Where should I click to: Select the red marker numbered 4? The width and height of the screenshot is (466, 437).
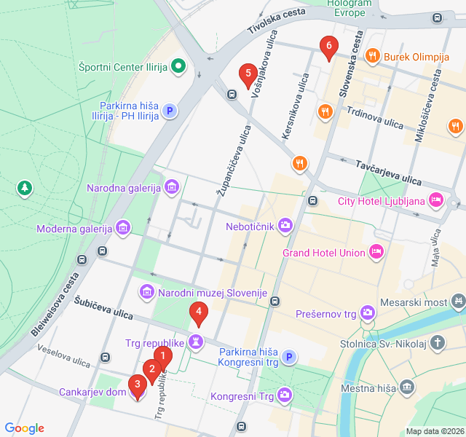coord(198,313)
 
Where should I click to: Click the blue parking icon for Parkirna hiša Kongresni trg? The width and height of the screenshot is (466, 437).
coord(289,357)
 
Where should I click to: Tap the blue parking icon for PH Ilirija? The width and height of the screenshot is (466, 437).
coord(169,111)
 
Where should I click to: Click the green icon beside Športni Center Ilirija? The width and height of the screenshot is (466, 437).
coord(178,68)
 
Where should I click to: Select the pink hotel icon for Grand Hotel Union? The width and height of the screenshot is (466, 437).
coord(376,252)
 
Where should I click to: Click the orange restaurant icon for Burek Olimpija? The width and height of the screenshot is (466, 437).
coord(372,55)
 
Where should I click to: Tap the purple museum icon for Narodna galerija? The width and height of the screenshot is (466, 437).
coord(172,188)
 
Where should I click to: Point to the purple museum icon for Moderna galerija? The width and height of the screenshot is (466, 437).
coord(123,229)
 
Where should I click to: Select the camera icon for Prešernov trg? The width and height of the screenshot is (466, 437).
coord(368,313)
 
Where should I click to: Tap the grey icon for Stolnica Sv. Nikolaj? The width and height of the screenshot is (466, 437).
coord(437,342)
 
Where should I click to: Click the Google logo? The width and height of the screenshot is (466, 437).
coord(24,428)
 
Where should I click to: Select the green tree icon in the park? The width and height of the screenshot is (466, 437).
coord(25,189)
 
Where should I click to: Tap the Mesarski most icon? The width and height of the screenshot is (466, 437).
coord(458,299)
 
